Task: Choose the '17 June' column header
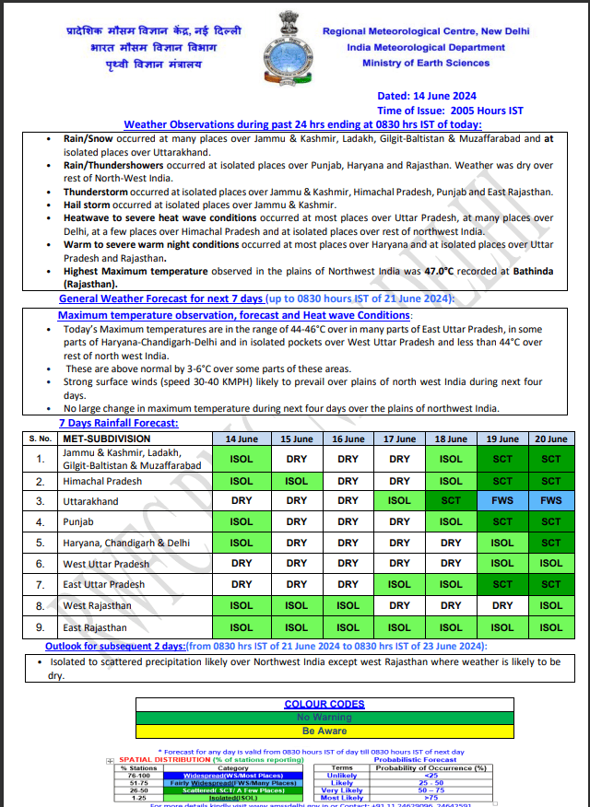(399, 439)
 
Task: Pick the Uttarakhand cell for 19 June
(502, 501)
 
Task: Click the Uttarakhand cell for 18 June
(451, 501)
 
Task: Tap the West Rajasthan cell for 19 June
(502, 605)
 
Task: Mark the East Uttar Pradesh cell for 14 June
(241, 584)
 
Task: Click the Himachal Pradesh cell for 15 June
(297, 481)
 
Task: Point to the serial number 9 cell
(40, 627)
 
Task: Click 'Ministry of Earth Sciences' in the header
(426, 63)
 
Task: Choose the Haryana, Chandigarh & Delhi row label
(126, 543)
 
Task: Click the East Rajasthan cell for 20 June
(551, 627)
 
